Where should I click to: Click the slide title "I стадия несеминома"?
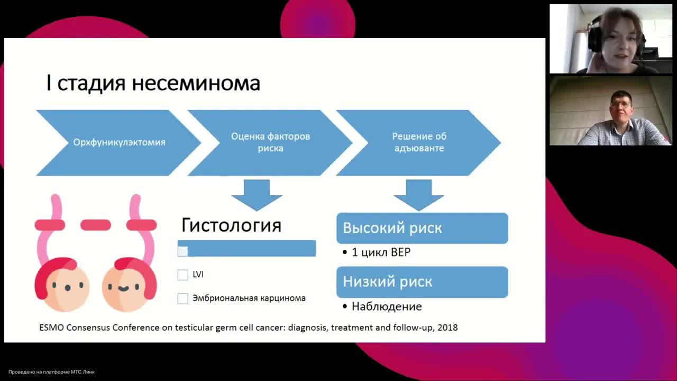point(153,84)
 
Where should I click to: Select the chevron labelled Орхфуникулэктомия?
point(119,142)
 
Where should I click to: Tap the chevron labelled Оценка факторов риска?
point(270,142)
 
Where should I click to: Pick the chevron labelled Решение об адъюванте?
point(418,142)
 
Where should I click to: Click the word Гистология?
point(231,225)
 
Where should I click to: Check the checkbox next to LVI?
point(183,275)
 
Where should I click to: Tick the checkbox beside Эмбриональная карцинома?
point(183,298)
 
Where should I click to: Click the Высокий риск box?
point(422,228)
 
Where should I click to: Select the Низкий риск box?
point(422,282)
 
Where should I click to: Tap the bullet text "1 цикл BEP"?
point(381,252)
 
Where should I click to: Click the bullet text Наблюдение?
point(387,306)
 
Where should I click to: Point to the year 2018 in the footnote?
point(447,328)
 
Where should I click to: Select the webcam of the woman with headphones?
point(610,39)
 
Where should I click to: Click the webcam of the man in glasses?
point(610,111)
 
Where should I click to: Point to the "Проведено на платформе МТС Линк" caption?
point(51,372)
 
